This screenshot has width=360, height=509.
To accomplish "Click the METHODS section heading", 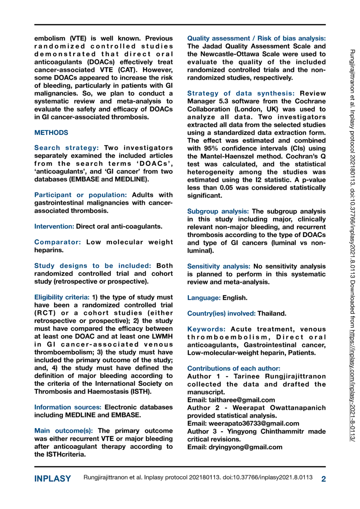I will [x=51, y=133].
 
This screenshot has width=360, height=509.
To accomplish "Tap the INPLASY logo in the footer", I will [x=52, y=479].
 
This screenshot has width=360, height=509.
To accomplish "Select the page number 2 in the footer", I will [x=324, y=479].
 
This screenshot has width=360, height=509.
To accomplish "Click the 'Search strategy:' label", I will [x=66, y=148].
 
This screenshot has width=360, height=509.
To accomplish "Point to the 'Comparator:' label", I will [x=57, y=242].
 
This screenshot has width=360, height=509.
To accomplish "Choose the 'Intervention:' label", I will [x=54, y=226].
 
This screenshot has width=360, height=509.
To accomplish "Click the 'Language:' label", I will [x=204, y=298].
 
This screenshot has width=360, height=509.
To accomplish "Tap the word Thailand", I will [x=271, y=313].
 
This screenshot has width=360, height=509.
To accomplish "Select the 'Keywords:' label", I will [x=206, y=329].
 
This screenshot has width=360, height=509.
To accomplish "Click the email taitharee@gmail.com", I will [x=242, y=400].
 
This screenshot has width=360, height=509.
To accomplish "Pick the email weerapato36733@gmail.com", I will [x=254, y=424].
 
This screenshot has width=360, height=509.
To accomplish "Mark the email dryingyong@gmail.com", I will [x=245, y=447].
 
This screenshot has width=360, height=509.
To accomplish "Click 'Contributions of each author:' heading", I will [x=233, y=368].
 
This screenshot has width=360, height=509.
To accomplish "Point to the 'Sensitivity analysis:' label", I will [x=218, y=266].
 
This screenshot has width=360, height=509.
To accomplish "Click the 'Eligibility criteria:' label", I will [x=62, y=297].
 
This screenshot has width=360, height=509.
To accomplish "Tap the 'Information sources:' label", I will [x=68, y=407].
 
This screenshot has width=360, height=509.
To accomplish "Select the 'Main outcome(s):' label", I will [x=63, y=431].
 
